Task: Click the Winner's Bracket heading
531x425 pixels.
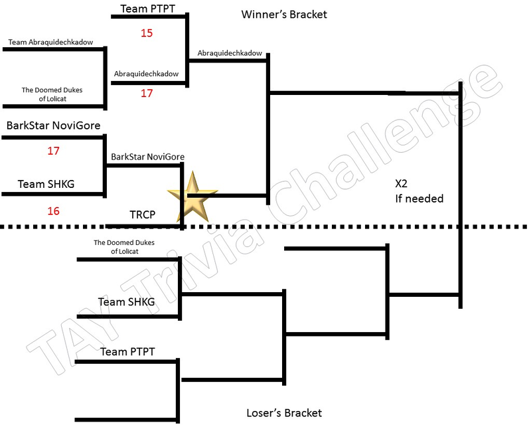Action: click(x=284, y=15)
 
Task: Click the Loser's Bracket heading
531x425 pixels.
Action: click(x=284, y=413)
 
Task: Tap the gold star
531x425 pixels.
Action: click(x=192, y=197)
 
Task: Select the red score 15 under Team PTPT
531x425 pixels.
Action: click(x=147, y=33)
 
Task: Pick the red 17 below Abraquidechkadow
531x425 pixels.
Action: click(x=147, y=93)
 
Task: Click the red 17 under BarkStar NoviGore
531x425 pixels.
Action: click(x=54, y=151)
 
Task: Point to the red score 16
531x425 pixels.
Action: click(x=54, y=211)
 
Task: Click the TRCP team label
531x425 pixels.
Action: click(x=142, y=214)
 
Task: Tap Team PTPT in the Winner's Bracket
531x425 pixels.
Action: click(x=147, y=9)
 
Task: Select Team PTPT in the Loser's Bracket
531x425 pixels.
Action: click(x=127, y=351)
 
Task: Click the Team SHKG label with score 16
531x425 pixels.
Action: click(x=46, y=184)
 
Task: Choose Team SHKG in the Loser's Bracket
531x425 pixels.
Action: click(x=127, y=301)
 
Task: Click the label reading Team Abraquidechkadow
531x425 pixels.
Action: click(x=51, y=42)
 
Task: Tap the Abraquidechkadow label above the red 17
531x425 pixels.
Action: click(x=146, y=74)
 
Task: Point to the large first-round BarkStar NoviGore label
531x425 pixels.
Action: click(x=54, y=126)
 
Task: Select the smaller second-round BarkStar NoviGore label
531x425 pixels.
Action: click(x=147, y=157)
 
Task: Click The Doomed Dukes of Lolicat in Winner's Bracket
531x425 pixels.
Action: click(x=52, y=94)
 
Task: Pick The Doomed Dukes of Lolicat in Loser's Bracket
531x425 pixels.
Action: click(x=124, y=247)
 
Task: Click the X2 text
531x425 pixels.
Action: click(x=402, y=184)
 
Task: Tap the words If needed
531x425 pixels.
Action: click(x=419, y=199)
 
